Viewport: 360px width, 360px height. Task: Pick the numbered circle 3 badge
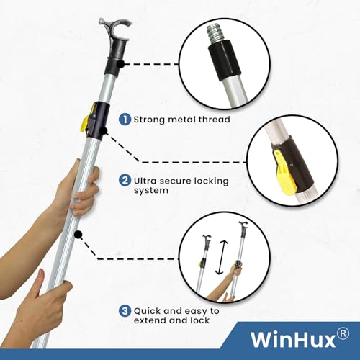126,310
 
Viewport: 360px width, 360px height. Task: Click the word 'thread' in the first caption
212,119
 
